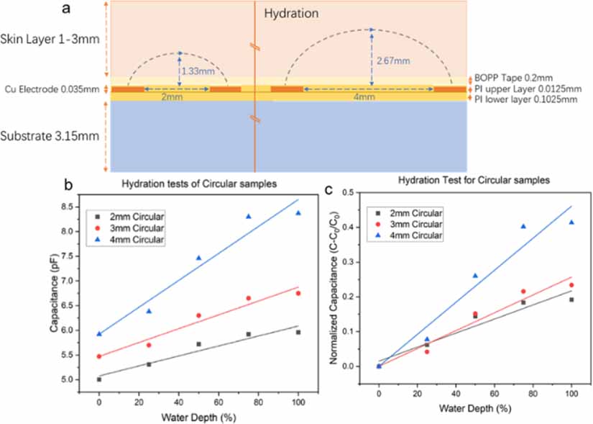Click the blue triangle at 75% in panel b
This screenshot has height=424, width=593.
[248, 216]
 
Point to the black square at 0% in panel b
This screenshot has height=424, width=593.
[98, 379]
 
